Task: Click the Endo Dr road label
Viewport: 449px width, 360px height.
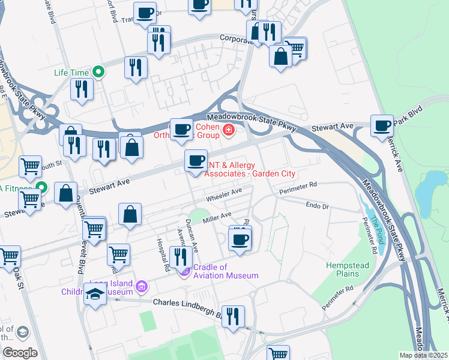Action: point(318,205)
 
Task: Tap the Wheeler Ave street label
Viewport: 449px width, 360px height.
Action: point(223,194)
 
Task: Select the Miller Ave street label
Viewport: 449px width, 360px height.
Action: point(217,218)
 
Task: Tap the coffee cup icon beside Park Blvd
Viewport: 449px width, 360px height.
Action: point(382,126)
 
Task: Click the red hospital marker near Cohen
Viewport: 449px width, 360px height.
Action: point(228,129)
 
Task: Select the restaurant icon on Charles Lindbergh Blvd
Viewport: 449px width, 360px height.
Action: point(233,316)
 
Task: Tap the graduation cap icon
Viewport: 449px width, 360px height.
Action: point(95,295)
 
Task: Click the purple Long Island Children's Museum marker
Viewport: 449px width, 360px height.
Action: point(142,287)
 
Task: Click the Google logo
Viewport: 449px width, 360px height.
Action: point(19,353)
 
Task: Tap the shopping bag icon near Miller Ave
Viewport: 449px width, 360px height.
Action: point(130,215)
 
